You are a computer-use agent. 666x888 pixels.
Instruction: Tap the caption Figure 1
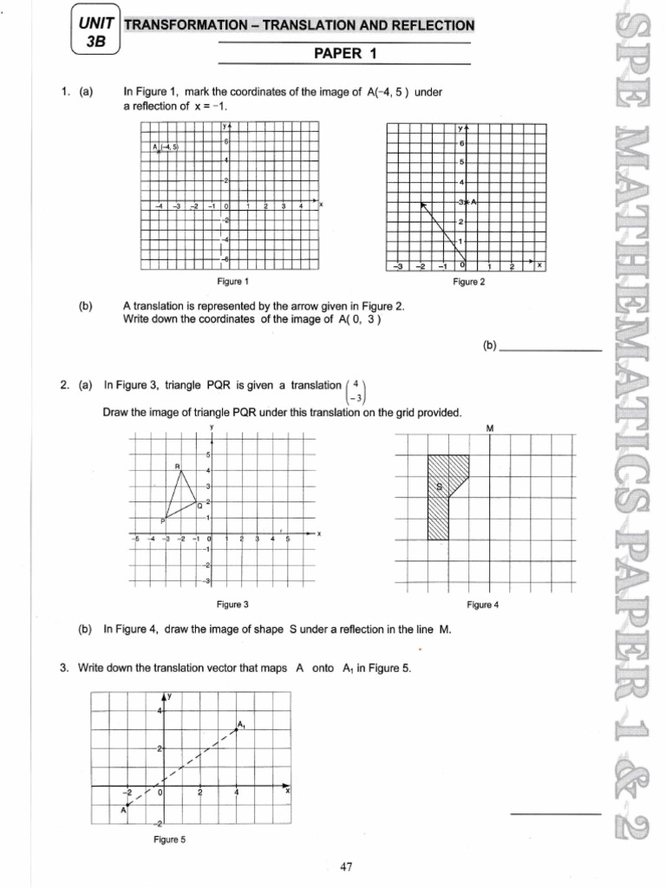233,281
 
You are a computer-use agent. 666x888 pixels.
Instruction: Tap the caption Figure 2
469,282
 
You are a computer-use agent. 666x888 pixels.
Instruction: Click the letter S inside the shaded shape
439,487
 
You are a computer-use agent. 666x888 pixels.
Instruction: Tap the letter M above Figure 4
490,428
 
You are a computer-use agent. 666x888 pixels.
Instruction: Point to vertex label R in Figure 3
178,468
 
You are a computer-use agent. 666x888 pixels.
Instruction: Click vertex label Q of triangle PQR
199,505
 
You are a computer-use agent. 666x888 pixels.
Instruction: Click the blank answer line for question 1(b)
551,349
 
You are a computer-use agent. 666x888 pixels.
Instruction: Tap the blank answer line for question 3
554,814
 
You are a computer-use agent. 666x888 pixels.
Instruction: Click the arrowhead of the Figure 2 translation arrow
423,205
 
